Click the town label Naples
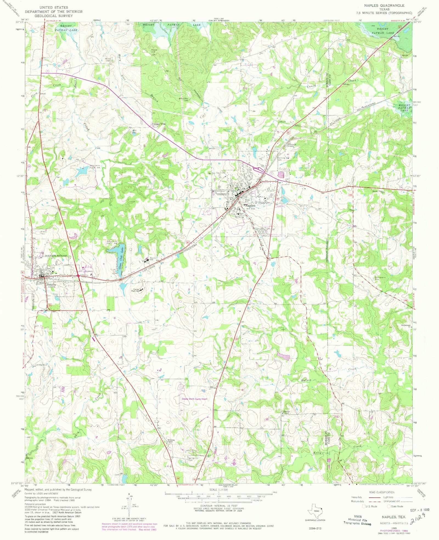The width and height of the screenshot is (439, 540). coord(250,205)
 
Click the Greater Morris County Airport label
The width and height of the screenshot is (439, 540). coord(194,399)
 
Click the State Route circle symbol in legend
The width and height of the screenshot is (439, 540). coord(389,506)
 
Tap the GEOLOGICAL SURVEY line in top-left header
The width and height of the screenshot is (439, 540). coord(54,16)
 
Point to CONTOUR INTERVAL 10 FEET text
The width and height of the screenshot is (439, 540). coord(218,506)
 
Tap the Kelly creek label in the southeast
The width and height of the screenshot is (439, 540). coord(317,452)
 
